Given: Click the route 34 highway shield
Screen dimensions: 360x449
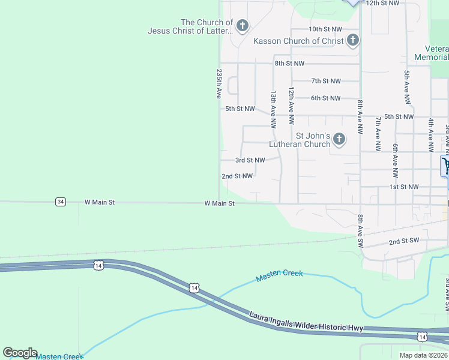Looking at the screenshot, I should pyautogui.click(x=61, y=202).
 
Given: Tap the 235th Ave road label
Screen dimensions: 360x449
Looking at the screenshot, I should pyautogui.click(x=220, y=83).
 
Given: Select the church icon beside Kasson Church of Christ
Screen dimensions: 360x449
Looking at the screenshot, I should pyautogui.click(x=353, y=41).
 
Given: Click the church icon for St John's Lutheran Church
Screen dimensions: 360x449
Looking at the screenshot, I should pyautogui.click(x=339, y=140).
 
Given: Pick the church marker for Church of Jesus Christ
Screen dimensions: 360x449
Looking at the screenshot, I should pyautogui.click(x=243, y=26).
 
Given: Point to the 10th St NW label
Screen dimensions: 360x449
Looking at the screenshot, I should pyautogui.click(x=325, y=29).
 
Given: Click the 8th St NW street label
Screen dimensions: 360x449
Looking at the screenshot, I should pyautogui.click(x=290, y=64).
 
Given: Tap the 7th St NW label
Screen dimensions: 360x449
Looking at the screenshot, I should pyautogui.click(x=326, y=81).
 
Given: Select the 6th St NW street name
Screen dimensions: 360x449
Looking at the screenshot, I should pyautogui.click(x=325, y=98).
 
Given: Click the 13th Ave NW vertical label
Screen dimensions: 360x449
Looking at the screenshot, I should pyautogui.click(x=273, y=110).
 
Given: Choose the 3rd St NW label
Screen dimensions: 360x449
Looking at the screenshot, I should pyautogui.click(x=250, y=160).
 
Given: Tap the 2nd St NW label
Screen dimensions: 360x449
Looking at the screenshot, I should pyautogui.click(x=237, y=176).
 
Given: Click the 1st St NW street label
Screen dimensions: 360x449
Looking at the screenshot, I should pyautogui.click(x=404, y=187).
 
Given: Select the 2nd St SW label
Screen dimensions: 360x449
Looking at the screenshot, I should pyautogui.click(x=403, y=241).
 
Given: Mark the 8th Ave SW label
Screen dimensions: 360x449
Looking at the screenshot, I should pyautogui.click(x=361, y=231).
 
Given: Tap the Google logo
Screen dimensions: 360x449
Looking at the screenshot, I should pyautogui.click(x=20, y=353).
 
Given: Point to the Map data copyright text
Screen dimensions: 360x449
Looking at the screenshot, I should pyautogui.click(x=424, y=355).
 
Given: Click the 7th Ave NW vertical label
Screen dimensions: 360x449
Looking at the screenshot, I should pyautogui.click(x=377, y=133).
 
